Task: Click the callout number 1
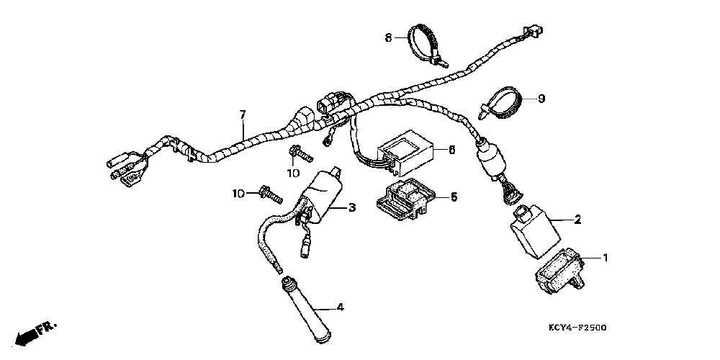pos(606,256)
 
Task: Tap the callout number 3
pos(352,208)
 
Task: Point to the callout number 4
pos(340,307)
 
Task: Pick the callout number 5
pos(454,195)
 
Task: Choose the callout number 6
pos(451,150)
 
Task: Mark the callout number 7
pos(243,114)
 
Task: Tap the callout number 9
pos(541,99)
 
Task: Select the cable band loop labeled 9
pos(503,101)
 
